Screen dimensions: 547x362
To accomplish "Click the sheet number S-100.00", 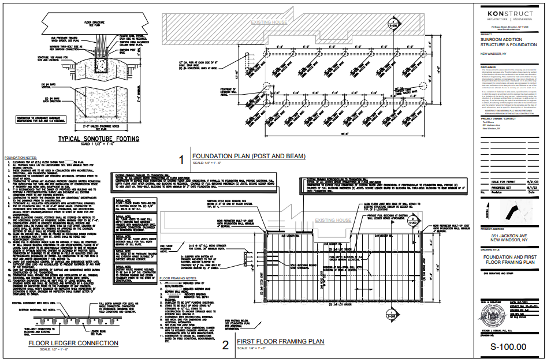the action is (x=508, y=346).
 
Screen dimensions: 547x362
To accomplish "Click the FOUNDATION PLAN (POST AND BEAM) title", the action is (x=248, y=156).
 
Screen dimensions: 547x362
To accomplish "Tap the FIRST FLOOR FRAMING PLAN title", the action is (x=280, y=342).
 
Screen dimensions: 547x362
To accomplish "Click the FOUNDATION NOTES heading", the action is (x=21, y=157).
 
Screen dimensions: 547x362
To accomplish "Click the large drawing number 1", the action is (x=181, y=160).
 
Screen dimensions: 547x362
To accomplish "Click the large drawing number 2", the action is (x=226, y=346).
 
